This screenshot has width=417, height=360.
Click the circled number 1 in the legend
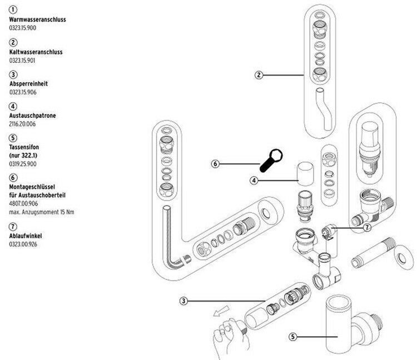tap(13, 10)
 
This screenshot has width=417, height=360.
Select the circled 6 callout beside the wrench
tap(216, 164)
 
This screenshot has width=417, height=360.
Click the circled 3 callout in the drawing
tap(184, 301)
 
